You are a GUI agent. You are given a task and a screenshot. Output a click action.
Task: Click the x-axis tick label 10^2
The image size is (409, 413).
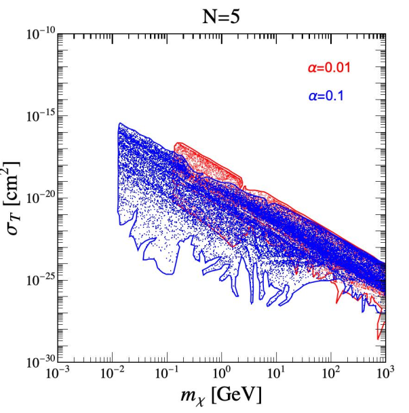click(332, 374)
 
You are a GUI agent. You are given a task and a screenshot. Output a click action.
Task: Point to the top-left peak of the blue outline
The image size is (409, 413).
click(119, 123)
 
